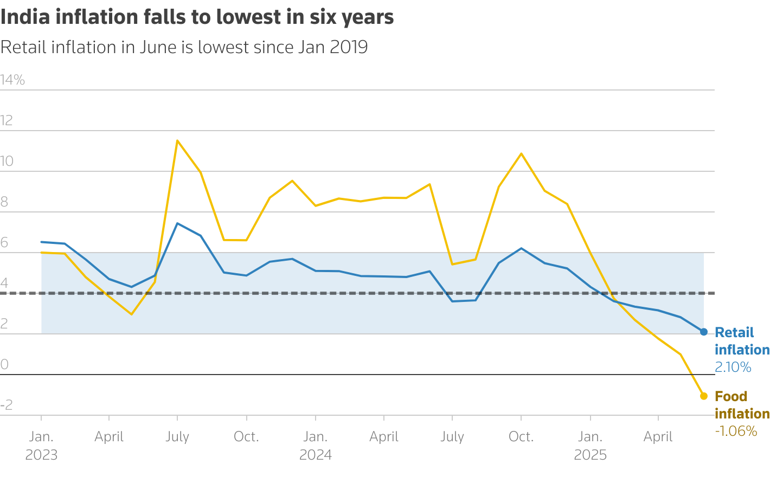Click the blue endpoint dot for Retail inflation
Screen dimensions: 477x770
[704, 332]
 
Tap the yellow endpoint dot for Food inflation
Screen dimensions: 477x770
[704, 396]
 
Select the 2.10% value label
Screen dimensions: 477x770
[733, 368]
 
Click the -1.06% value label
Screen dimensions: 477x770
[736, 431]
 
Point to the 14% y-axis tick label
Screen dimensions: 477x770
[12, 80]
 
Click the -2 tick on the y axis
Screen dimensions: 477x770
[7, 405]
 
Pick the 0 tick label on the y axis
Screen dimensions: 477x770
[4, 365]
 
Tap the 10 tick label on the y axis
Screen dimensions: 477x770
[7, 162]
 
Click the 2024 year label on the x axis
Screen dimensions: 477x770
[316, 455]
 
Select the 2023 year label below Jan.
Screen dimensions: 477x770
[41, 455]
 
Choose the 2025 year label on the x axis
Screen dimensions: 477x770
[590, 455]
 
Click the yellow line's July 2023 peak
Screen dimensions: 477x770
[177, 140]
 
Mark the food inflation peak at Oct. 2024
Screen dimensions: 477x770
[521, 153]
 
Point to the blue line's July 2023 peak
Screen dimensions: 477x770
[177, 223]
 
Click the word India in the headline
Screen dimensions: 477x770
[24, 17]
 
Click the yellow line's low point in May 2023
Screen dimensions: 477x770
[131, 314]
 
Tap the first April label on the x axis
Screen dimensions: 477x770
[109, 437]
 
